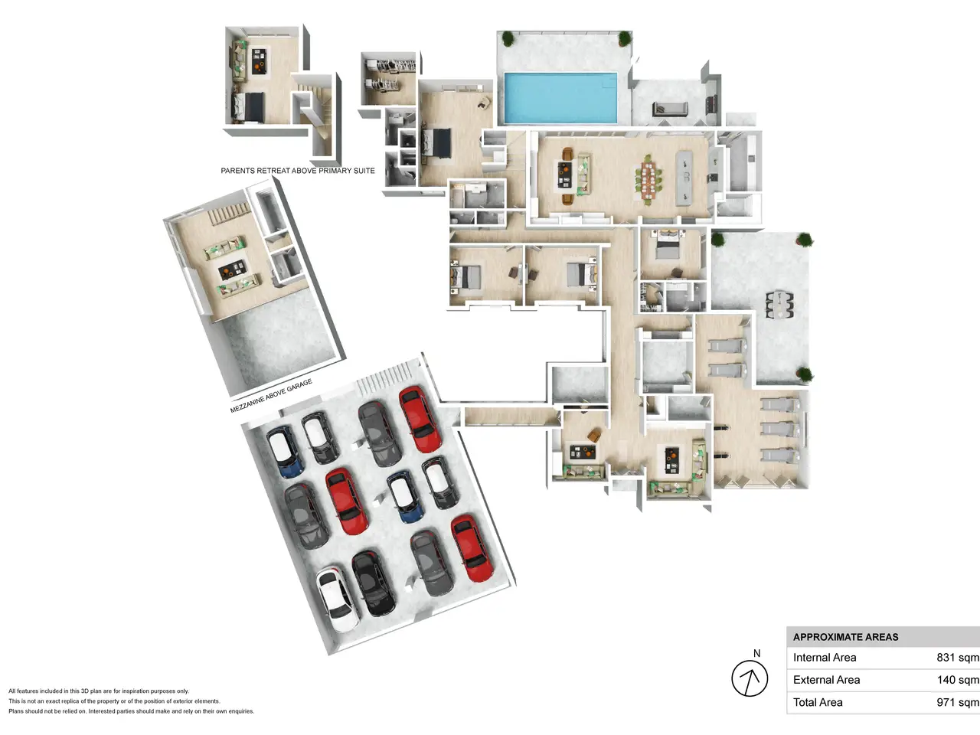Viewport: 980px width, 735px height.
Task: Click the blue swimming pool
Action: (x=560, y=98)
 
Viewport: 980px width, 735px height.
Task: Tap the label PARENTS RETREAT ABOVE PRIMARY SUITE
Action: (x=298, y=171)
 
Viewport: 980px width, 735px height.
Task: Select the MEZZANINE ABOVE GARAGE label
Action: (x=271, y=396)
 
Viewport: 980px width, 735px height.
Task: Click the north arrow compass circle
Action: (x=750, y=678)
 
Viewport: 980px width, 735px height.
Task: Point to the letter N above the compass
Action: (x=756, y=653)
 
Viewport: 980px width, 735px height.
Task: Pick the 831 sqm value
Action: (x=958, y=658)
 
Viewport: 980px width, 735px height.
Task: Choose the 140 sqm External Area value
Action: (x=958, y=680)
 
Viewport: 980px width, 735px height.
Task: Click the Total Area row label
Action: (x=818, y=702)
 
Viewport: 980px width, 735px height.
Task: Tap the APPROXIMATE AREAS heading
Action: (x=845, y=637)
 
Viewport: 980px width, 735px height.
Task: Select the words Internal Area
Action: (x=825, y=658)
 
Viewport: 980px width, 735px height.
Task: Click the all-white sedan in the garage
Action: (x=337, y=599)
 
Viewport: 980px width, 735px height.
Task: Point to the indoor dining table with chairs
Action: (x=648, y=179)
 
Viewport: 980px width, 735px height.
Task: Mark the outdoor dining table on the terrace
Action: (x=779, y=305)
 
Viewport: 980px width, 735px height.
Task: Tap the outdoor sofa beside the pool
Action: (x=670, y=109)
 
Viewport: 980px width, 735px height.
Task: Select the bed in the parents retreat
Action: (x=248, y=107)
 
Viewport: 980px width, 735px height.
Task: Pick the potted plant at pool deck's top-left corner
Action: (x=508, y=38)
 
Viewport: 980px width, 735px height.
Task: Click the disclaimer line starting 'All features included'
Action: (x=99, y=691)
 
